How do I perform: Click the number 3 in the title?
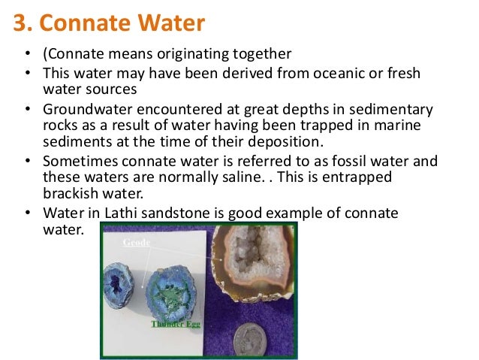(x=20, y=23)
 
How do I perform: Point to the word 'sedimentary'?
(x=399, y=110)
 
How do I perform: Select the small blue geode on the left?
(x=118, y=286)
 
